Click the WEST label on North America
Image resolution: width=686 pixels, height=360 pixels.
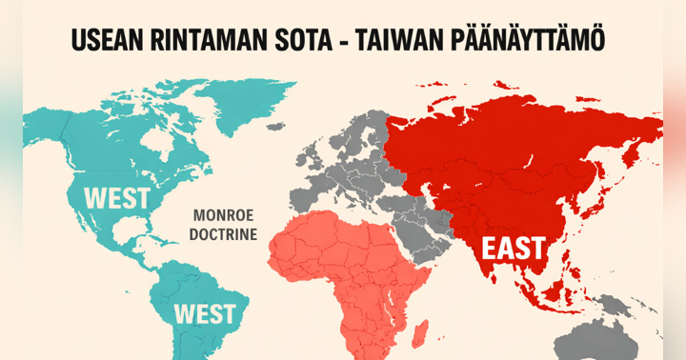[117, 198]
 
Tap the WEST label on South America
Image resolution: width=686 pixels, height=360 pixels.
[205, 313]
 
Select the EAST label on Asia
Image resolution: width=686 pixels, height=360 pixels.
[513, 250]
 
